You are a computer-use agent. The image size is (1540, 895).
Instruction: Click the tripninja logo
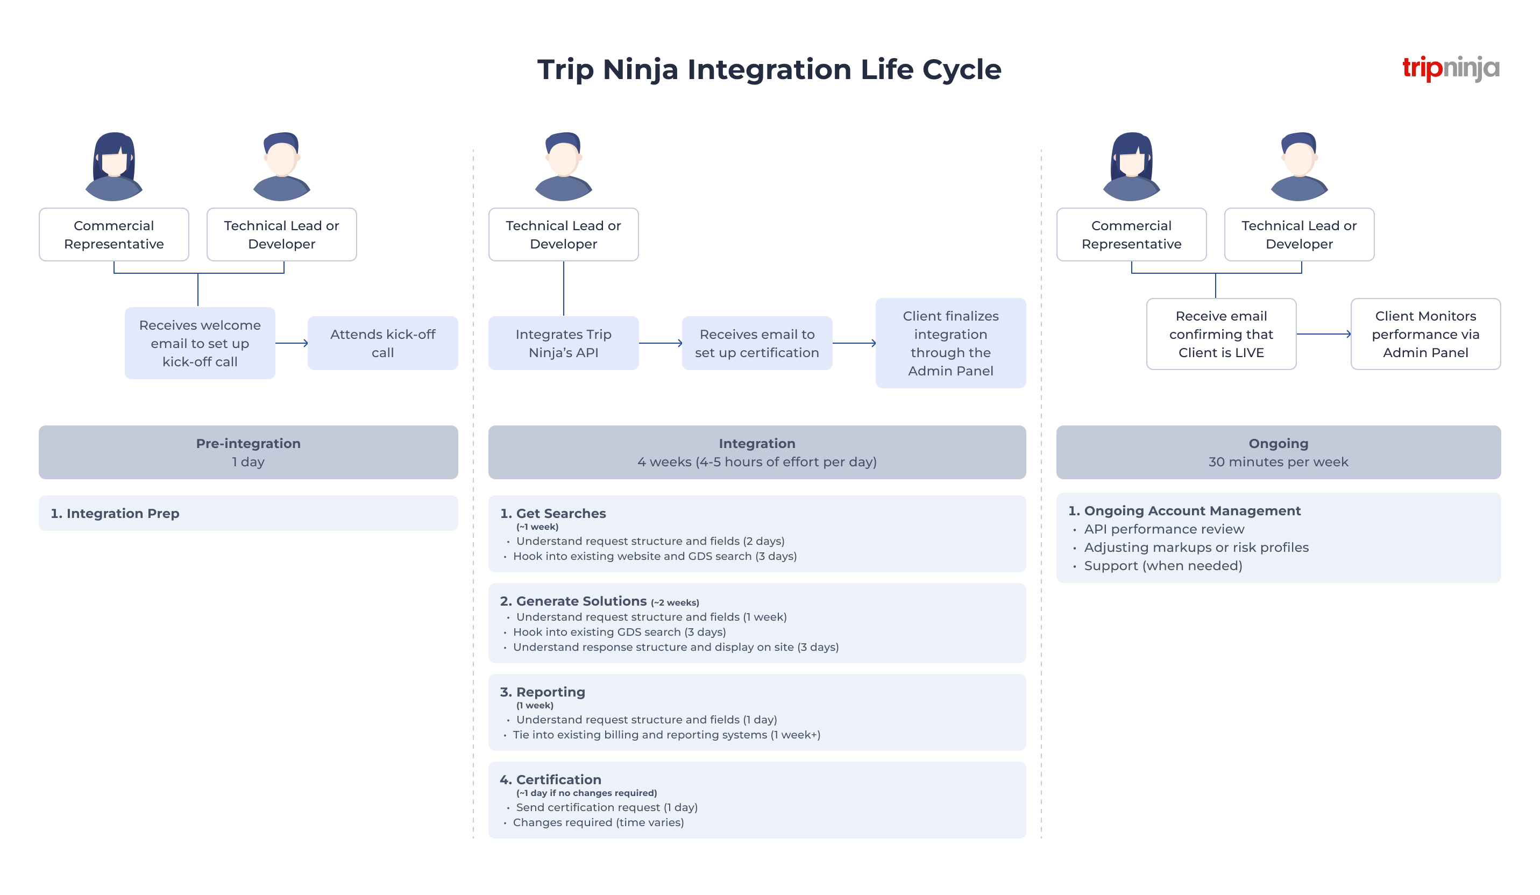click(x=1450, y=68)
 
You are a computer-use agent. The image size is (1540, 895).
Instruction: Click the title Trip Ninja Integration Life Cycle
click(x=769, y=69)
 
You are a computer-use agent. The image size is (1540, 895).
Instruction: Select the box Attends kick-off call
click(x=382, y=343)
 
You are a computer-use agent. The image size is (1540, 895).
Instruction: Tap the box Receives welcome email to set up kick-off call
click(x=200, y=343)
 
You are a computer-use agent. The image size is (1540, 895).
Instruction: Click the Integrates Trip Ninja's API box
click(x=563, y=343)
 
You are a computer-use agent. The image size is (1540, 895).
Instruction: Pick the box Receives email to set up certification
click(x=757, y=343)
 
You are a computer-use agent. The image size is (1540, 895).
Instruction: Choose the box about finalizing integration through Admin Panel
click(x=950, y=343)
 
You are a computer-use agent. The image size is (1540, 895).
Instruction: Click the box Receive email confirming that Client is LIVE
click(x=1220, y=333)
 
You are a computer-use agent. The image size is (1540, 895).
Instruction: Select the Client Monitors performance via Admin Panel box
click(x=1424, y=333)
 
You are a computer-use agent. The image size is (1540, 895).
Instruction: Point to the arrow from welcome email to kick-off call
click(x=292, y=343)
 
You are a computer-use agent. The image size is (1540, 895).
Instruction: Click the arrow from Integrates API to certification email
click(x=660, y=343)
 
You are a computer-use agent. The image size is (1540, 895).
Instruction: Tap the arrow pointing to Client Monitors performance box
click(x=1323, y=334)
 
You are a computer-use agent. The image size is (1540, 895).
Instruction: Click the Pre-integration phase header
click(x=248, y=452)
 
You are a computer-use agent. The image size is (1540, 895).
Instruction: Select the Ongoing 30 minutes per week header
click(x=1278, y=452)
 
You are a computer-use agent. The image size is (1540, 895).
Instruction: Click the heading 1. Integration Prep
click(x=115, y=513)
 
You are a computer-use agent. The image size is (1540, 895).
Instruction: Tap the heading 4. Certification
click(x=551, y=779)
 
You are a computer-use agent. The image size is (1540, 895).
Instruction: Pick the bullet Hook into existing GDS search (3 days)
click(x=619, y=631)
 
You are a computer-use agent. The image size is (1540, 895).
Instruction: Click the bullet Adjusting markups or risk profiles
click(x=1196, y=548)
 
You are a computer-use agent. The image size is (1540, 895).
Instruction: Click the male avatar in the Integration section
click(x=563, y=166)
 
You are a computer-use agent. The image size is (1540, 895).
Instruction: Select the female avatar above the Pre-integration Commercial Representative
click(x=113, y=166)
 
